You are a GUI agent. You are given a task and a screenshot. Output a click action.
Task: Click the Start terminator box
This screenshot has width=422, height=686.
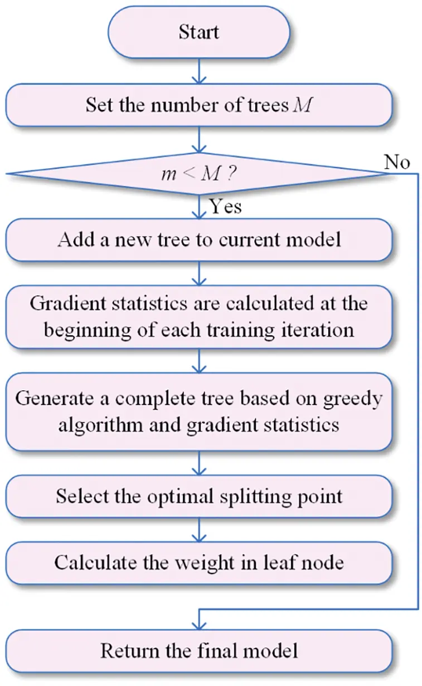(x=199, y=32)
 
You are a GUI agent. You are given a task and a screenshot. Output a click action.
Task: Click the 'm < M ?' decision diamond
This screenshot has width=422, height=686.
(x=199, y=175)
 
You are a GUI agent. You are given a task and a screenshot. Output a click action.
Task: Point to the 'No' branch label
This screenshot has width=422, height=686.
(x=396, y=162)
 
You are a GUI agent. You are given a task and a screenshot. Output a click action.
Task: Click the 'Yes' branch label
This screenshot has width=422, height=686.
(x=226, y=207)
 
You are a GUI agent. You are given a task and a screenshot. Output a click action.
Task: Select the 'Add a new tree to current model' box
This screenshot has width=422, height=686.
(x=199, y=239)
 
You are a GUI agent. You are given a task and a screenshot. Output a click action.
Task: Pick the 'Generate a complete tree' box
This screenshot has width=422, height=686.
(x=199, y=412)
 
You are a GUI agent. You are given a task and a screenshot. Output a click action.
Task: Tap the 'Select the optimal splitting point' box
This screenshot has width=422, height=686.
(x=199, y=496)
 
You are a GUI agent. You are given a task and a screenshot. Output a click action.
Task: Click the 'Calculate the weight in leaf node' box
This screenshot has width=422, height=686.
(x=199, y=562)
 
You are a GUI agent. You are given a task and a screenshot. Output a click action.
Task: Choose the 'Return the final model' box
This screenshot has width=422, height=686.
(x=199, y=650)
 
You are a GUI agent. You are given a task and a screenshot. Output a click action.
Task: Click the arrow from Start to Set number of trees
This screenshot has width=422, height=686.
(x=199, y=71)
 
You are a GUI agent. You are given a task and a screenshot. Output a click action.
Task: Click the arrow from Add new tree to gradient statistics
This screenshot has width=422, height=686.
(x=199, y=273)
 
